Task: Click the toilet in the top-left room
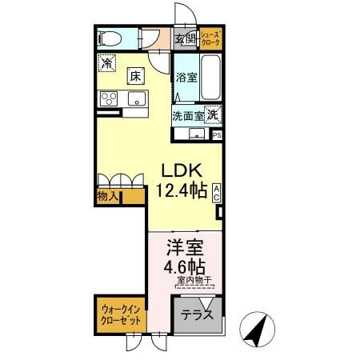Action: click(110, 38)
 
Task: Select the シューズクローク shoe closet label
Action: click(210, 38)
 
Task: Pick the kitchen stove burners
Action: click(107, 99)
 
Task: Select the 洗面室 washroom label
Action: click(188, 115)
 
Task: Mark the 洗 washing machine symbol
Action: click(212, 114)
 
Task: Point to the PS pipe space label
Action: click(218, 134)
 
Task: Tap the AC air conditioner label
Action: click(217, 191)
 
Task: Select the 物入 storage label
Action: click(108, 195)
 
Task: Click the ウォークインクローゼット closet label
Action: click(122, 314)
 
